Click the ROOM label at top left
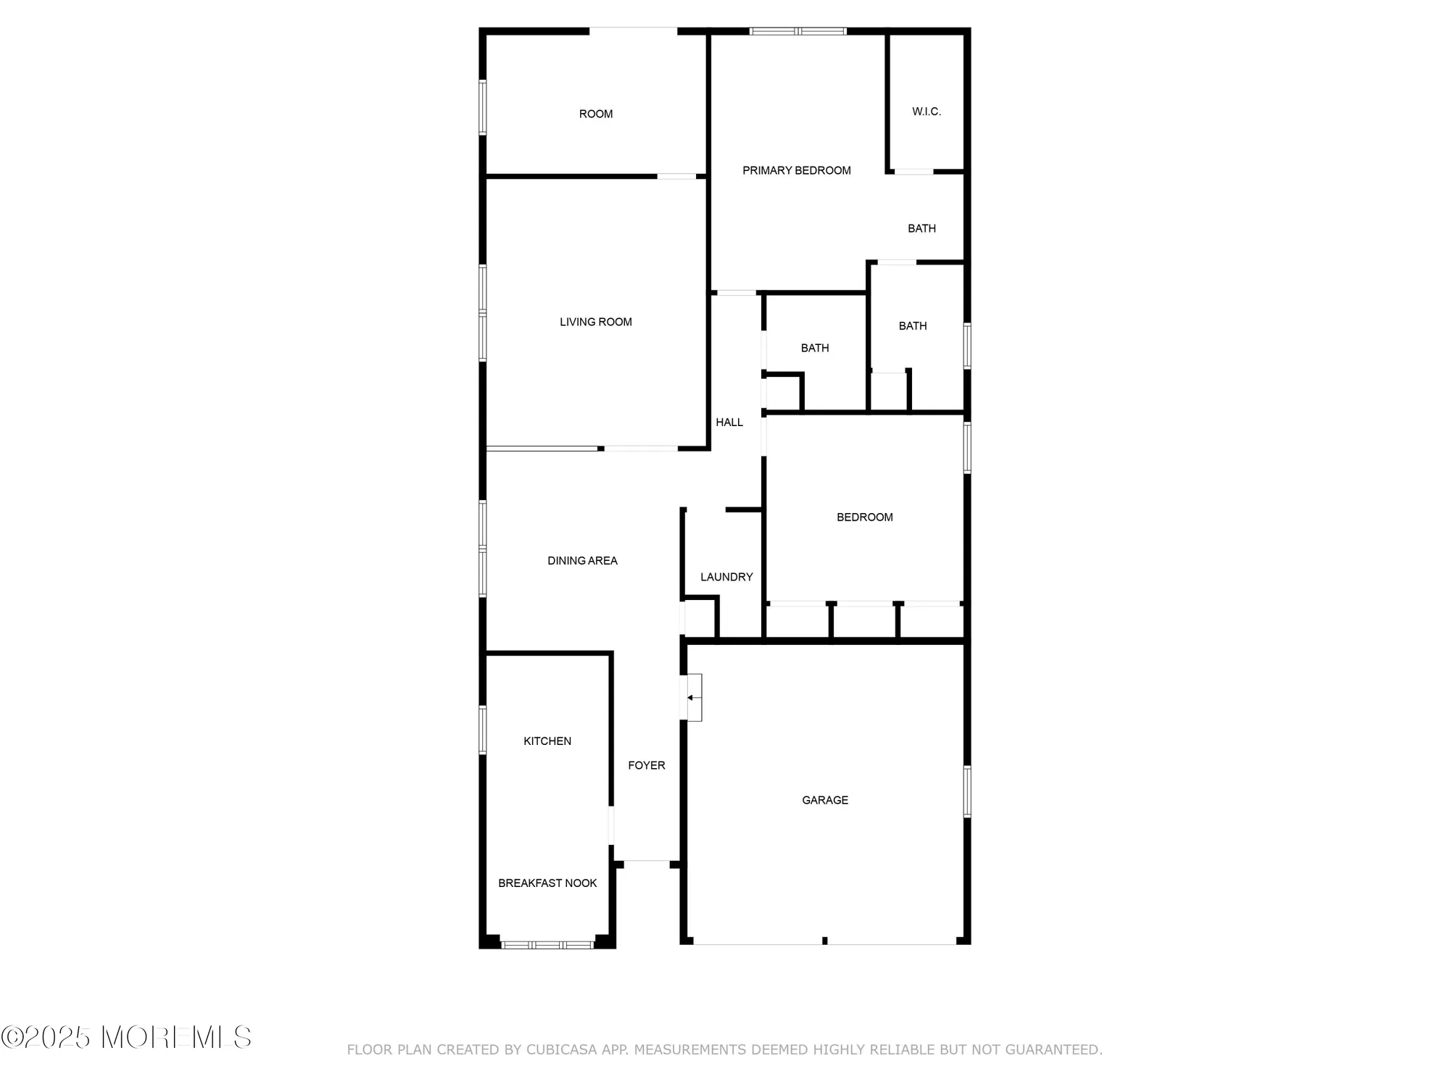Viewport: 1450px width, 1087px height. [x=596, y=114]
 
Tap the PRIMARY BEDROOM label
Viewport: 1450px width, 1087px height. [x=796, y=170]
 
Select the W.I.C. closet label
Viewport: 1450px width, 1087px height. [x=926, y=112]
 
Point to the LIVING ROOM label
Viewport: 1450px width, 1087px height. [x=595, y=322]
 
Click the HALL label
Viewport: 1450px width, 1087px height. [x=729, y=422]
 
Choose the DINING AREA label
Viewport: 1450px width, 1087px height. [x=582, y=560]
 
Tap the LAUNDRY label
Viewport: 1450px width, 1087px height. [x=726, y=577]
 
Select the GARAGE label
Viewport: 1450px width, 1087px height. [x=824, y=800]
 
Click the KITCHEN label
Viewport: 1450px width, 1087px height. [x=547, y=741]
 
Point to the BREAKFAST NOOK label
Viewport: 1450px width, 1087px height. [x=547, y=883]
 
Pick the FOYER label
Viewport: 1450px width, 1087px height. [x=646, y=765]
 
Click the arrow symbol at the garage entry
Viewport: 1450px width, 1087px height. [x=691, y=698]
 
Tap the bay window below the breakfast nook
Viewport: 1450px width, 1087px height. [x=548, y=944]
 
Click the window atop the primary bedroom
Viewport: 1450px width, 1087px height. [x=797, y=31]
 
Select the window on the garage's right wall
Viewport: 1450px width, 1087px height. [x=966, y=791]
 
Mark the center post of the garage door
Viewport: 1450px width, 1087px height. [x=824, y=941]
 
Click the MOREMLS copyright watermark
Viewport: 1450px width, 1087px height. [x=126, y=1037]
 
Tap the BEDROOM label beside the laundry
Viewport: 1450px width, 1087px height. [x=864, y=517]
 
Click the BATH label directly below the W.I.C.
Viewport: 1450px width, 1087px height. [x=921, y=228]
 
